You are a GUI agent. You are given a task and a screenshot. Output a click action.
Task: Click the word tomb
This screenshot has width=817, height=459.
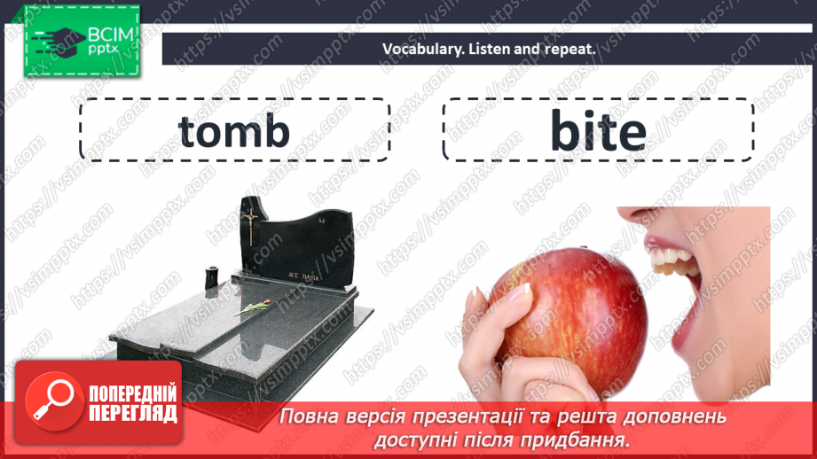[x=234, y=130]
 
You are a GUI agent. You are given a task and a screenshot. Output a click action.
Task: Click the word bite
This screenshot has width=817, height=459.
[x=598, y=130]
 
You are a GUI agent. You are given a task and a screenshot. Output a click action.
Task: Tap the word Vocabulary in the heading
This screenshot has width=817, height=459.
[x=422, y=50]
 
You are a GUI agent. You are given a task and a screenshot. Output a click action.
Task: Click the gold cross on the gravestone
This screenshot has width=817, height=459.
[x=251, y=226]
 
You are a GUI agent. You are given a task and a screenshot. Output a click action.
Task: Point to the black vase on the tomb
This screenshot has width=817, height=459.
[x=211, y=278]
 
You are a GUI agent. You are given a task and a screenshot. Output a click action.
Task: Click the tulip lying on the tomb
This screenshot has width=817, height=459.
[x=253, y=307]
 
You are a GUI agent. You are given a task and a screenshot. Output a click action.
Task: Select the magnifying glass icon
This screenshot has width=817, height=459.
[x=53, y=401]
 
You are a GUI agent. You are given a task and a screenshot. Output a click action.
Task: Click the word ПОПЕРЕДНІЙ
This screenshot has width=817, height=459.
[x=133, y=393]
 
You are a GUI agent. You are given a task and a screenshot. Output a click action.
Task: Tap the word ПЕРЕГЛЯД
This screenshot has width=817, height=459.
[x=133, y=413]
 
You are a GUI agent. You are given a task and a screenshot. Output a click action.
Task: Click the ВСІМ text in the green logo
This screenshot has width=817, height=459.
[x=111, y=35]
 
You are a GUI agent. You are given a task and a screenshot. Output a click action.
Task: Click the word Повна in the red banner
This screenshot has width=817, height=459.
[x=310, y=417]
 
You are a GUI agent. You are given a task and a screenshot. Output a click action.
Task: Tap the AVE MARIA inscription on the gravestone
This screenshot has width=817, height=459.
[x=303, y=276]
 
